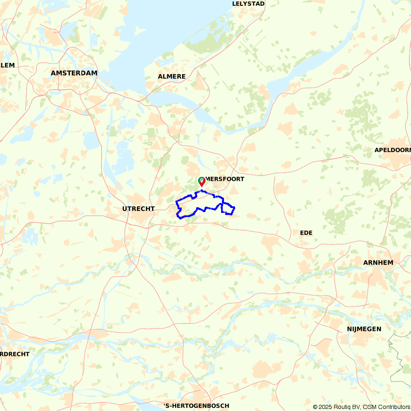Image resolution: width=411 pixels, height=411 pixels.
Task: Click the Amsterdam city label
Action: click(74, 73)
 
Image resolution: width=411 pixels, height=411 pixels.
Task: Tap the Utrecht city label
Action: click(138, 209)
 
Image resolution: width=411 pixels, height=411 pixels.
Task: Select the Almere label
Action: click(172, 76)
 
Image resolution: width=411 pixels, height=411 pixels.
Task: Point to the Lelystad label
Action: click(248, 4)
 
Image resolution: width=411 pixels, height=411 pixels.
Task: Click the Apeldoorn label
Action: click(392, 150)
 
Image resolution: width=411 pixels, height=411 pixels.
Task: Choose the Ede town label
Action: click(306, 233)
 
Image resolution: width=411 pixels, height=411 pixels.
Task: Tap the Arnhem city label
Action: click(378, 263)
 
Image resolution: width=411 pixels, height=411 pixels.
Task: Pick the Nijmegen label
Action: click(364, 329)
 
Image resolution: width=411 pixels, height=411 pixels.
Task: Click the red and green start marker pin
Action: click(202, 181)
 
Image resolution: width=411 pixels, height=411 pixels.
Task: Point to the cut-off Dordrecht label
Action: click(15, 354)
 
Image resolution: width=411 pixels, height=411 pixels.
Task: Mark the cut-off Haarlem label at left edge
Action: click(7, 65)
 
